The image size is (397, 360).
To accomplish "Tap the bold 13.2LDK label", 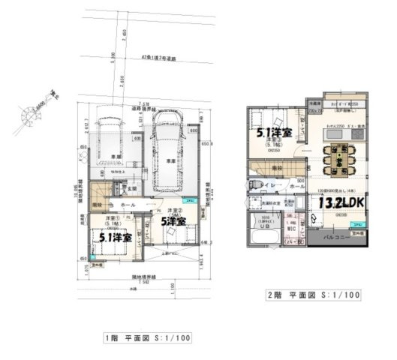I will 340,202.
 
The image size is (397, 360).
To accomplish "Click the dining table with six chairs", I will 334,158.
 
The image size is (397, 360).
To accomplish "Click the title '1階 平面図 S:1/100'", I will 146,337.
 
